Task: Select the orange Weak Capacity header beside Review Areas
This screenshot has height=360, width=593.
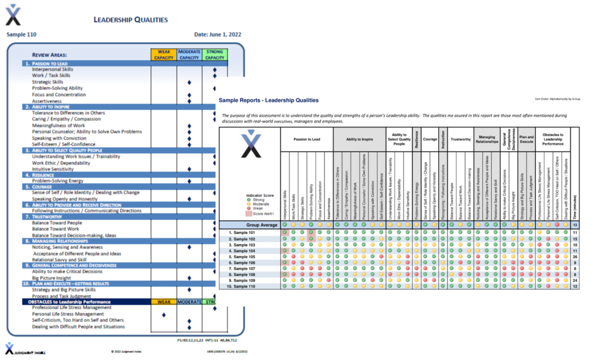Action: click(163, 54)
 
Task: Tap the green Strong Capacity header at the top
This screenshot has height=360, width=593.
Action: click(215, 54)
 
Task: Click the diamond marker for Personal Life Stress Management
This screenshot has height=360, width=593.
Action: click(164, 314)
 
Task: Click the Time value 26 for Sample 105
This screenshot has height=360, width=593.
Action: click(574, 257)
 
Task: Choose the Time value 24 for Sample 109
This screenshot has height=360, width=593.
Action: click(574, 280)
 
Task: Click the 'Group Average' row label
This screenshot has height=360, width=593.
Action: click(249, 225)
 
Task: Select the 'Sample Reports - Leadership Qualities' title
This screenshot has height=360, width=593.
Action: click(269, 100)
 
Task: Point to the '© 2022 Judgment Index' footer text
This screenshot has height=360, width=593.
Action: click(128, 351)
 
